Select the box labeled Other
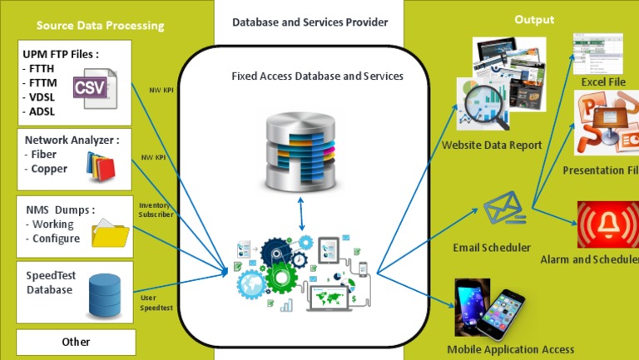[x=76, y=342]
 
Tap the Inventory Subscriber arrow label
[x=156, y=210]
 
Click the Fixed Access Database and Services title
[x=317, y=76]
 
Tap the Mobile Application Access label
[x=510, y=349]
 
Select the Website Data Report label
[x=492, y=145]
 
